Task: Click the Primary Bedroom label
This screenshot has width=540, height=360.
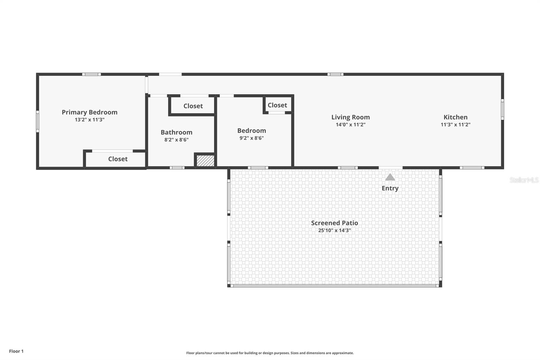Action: (x=89, y=112)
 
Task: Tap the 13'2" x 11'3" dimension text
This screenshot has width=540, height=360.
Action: (x=89, y=120)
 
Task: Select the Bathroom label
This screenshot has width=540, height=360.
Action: (x=176, y=132)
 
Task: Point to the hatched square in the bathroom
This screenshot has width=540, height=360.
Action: (x=205, y=160)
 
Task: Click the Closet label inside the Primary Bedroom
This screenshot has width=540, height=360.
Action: (x=118, y=159)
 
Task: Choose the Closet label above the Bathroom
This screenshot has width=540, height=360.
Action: (x=193, y=106)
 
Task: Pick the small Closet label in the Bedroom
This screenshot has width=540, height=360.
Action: (x=277, y=105)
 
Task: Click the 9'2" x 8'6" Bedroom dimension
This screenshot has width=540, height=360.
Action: (x=251, y=138)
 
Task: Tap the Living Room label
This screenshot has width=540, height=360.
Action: (x=350, y=117)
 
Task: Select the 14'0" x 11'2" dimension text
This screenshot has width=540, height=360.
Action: (x=350, y=125)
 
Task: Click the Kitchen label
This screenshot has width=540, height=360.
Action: (x=455, y=117)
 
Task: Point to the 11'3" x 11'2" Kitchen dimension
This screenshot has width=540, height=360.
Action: (x=455, y=125)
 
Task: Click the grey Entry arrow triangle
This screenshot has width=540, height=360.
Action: (x=390, y=177)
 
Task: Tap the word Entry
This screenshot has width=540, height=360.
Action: (x=390, y=188)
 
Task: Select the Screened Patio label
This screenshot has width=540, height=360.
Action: (x=334, y=223)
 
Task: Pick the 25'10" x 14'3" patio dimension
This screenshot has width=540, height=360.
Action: (x=334, y=231)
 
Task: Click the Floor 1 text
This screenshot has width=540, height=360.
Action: (x=16, y=351)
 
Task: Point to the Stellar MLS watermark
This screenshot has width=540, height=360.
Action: (x=524, y=180)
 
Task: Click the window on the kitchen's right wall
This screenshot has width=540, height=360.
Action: (x=502, y=109)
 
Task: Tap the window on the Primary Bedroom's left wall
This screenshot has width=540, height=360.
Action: (x=37, y=121)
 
